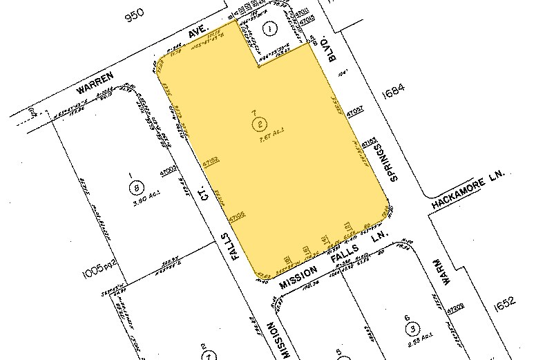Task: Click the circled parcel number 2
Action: click(259, 125)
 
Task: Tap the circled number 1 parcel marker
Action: click(270, 29)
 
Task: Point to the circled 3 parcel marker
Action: click(412, 327)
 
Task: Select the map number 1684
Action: click(390, 88)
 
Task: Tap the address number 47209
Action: click(453, 312)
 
